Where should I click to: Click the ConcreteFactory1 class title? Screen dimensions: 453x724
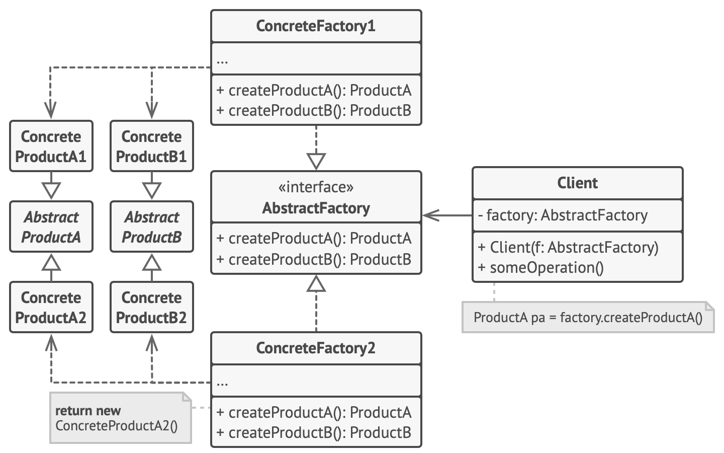(316, 26)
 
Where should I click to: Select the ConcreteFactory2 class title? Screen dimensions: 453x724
(316, 348)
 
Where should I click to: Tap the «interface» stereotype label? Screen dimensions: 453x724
(316, 187)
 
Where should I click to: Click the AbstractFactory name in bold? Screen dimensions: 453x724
(316, 208)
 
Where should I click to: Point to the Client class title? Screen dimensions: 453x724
(577, 183)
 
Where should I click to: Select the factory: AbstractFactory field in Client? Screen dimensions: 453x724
(563, 215)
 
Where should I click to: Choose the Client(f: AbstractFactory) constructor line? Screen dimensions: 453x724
(568, 247)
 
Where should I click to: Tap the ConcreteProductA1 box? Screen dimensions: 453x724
(51, 146)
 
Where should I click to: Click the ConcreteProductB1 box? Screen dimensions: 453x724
(152, 146)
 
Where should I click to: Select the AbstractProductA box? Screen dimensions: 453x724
(51, 226)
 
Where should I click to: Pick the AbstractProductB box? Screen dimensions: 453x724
(152, 226)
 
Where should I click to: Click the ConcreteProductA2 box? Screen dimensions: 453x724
(51, 307)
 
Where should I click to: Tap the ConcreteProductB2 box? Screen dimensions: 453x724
(152, 307)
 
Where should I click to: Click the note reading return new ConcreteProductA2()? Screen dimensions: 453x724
(120, 418)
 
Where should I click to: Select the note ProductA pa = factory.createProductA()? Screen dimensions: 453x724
(587, 318)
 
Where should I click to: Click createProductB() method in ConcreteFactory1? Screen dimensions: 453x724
(314, 111)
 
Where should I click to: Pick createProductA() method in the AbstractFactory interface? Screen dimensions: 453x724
(314, 238)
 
